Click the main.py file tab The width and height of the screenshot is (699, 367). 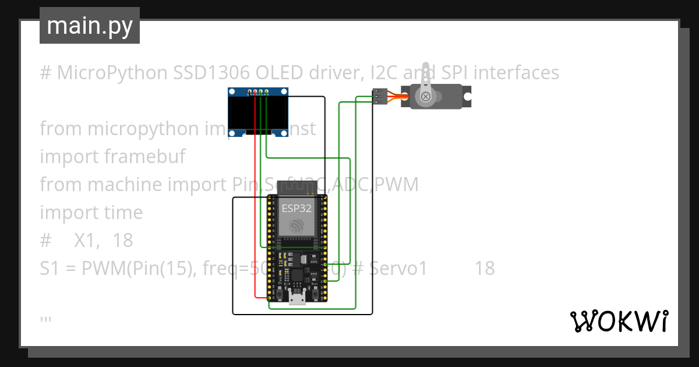(x=89, y=26)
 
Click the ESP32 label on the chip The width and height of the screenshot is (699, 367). (x=296, y=208)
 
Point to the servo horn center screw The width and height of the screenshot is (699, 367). (x=426, y=96)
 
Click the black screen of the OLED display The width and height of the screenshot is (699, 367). (x=258, y=115)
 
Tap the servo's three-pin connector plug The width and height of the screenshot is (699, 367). (x=380, y=97)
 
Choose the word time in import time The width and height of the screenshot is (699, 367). (x=123, y=213)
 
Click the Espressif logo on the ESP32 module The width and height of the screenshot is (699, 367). (x=296, y=226)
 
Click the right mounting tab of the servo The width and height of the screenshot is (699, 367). (x=466, y=96)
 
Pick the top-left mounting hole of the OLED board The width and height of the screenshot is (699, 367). (x=232, y=92)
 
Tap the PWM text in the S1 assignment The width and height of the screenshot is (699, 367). (x=101, y=268)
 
